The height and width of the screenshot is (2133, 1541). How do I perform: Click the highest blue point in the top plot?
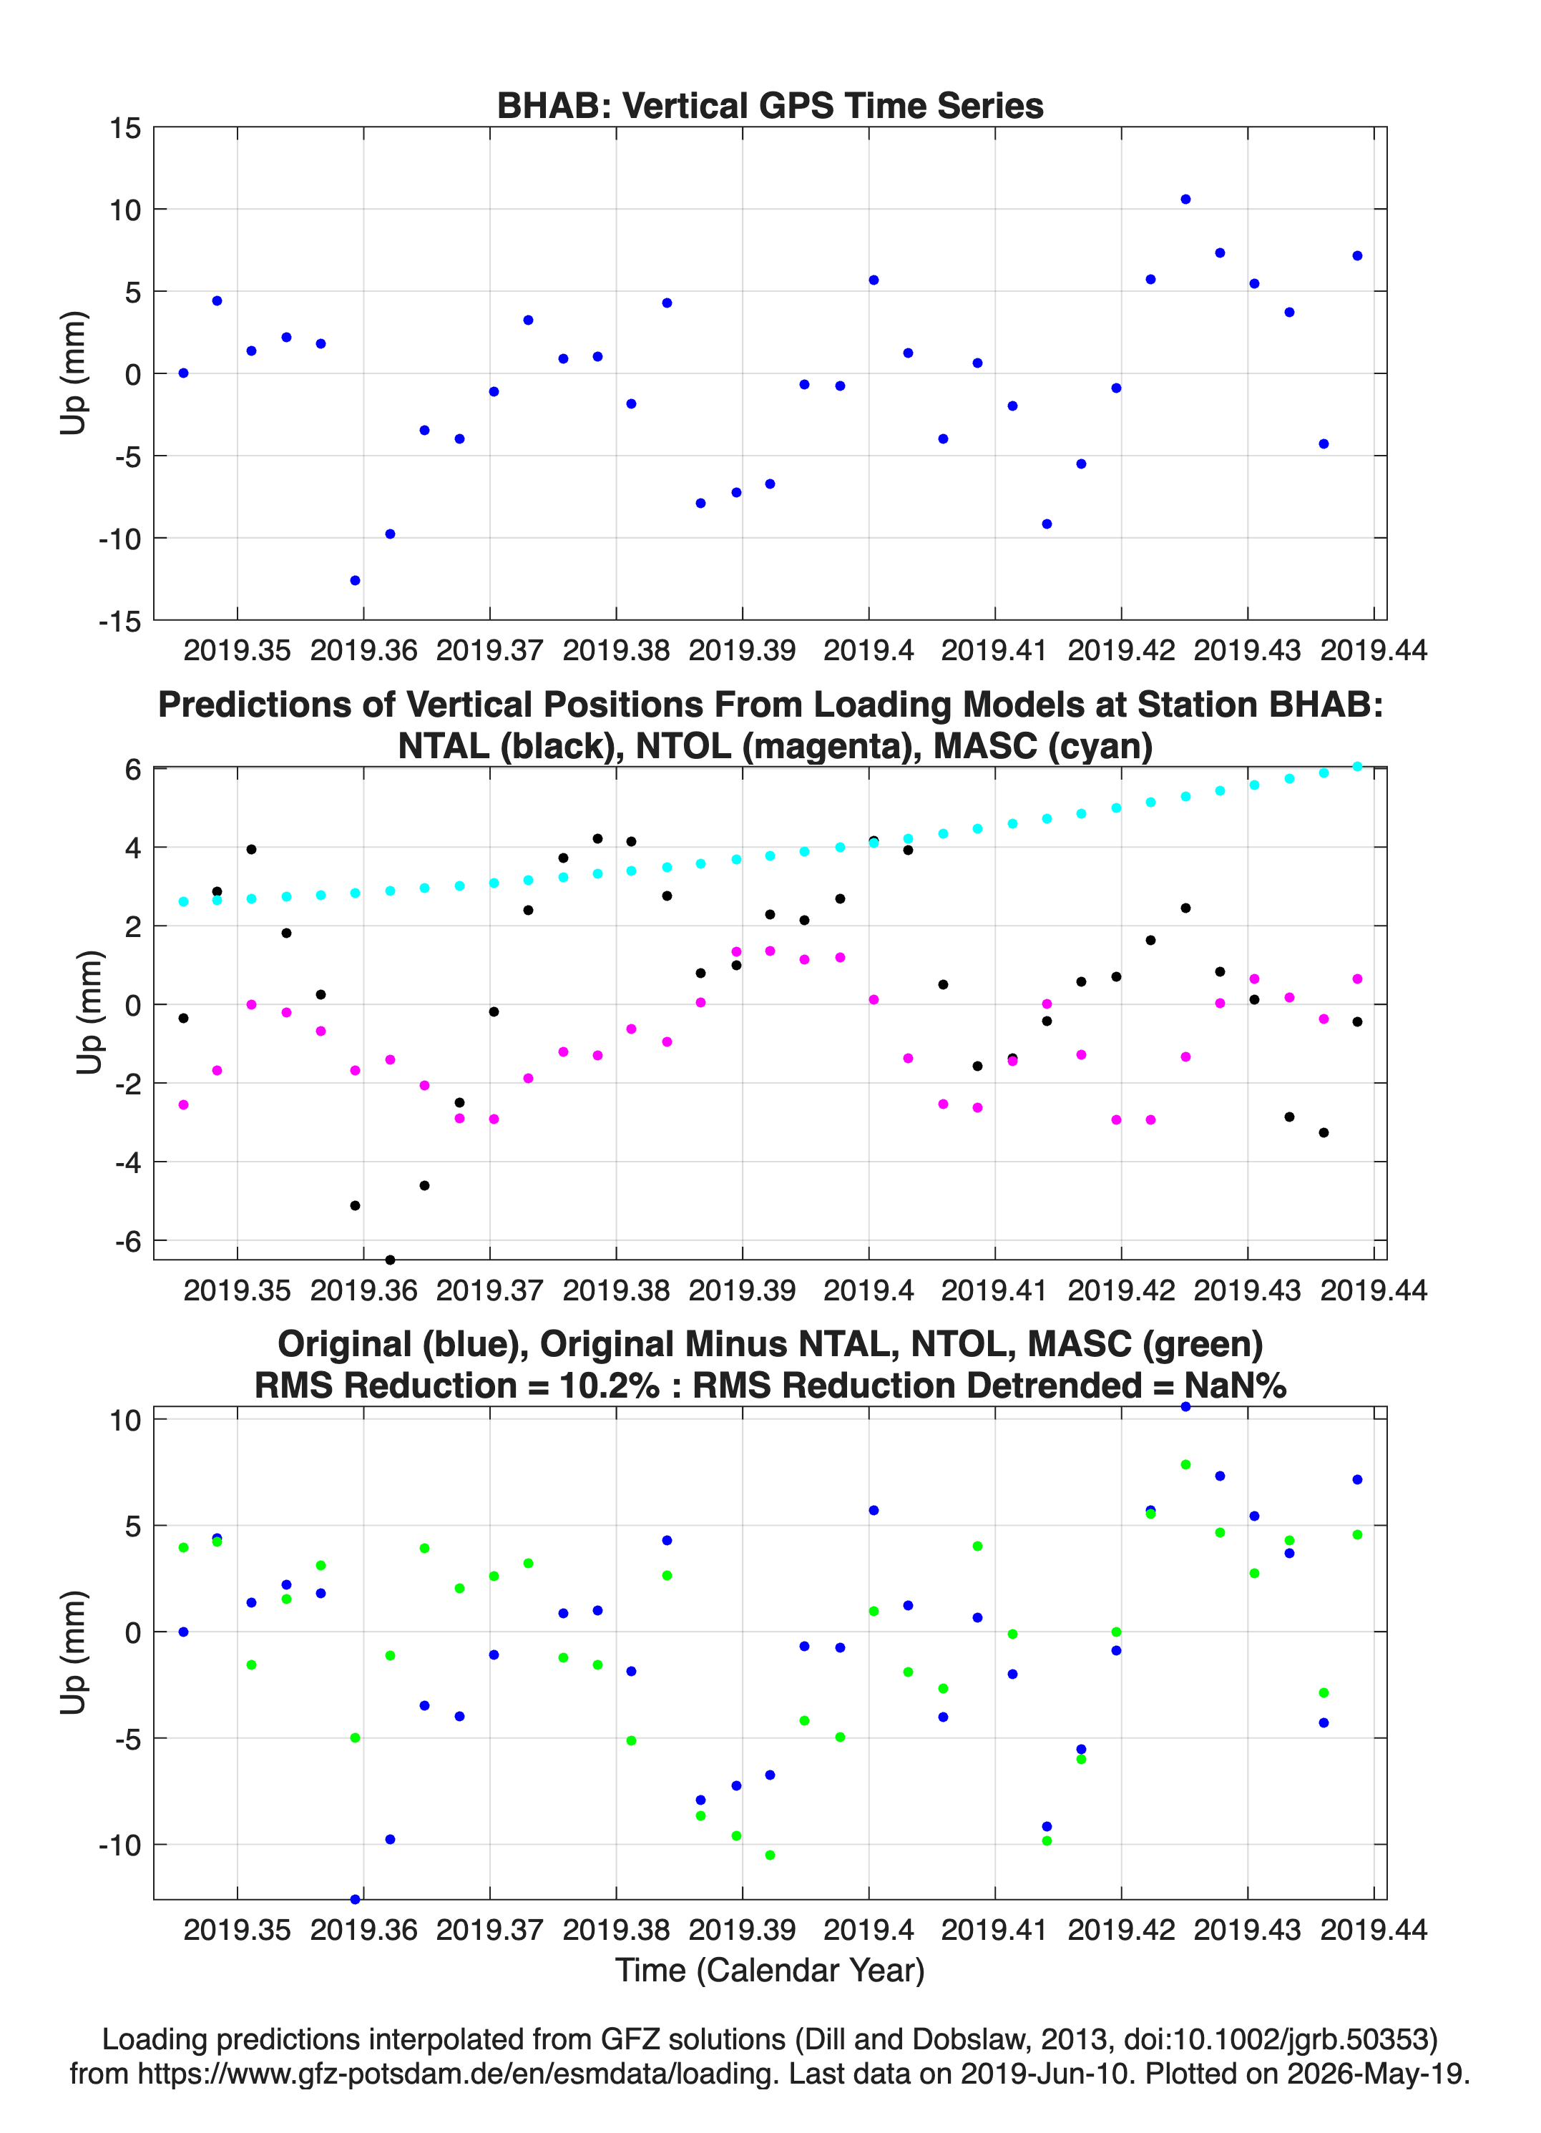[1185, 200]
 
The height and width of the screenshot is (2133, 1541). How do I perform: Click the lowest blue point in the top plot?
[355, 580]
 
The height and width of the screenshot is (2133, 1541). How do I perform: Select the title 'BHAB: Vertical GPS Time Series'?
[770, 105]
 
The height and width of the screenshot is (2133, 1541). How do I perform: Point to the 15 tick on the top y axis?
[125, 129]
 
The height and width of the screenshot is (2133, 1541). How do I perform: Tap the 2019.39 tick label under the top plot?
[743, 650]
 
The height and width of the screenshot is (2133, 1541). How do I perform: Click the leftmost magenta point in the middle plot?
[183, 1104]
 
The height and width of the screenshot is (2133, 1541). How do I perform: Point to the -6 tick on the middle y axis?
[129, 1242]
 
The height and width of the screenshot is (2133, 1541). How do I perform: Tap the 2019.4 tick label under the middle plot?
[869, 1290]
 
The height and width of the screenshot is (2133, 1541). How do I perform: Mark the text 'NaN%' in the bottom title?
[1236, 1386]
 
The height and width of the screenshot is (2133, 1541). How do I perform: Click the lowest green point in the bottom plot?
[770, 1855]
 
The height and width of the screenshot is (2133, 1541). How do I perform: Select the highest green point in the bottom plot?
[1185, 1464]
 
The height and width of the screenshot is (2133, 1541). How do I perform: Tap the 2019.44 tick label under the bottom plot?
[1374, 1929]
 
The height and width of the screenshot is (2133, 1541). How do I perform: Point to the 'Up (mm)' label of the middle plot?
[89, 1012]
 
